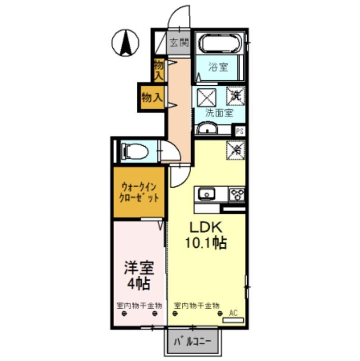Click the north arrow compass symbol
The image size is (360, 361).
(125, 43)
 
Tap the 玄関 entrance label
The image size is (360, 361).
(179, 43)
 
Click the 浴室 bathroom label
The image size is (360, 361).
(218, 68)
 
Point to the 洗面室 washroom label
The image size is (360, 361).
(219, 113)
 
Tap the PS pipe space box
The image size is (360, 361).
(240, 131)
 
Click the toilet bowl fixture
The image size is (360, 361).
(135, 151)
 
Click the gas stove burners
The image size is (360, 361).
(236, 194)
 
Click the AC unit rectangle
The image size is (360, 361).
(233, 320)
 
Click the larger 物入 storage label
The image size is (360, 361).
(152, 97)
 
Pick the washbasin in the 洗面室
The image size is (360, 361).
(208, 130)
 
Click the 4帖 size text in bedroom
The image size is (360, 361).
(139, 285)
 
